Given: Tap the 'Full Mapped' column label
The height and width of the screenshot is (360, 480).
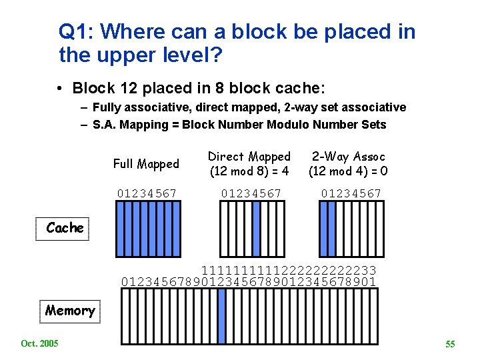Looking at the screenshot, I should [x=146, y=164].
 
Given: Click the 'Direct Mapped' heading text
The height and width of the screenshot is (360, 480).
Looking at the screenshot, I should [x=249, y=157].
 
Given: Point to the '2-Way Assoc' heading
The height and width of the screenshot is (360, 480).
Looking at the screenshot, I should [x=349, y=157].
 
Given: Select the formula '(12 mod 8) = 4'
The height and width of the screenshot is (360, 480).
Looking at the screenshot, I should [x=249, y=171].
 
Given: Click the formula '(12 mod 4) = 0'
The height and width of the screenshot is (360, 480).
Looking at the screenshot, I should [x=349, y=171].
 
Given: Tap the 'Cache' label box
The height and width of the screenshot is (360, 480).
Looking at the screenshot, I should [x=65, y=228].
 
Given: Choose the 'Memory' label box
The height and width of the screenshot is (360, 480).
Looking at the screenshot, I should [x=70, y=311].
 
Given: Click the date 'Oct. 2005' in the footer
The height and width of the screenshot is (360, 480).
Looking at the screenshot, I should [x=39, y=343].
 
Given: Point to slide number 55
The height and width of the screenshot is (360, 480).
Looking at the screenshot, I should [x=450, y=344].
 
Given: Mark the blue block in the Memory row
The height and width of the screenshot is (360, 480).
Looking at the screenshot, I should [x=222, y=316].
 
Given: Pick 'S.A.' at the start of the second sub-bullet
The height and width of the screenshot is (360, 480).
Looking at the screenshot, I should [x=105, y=125].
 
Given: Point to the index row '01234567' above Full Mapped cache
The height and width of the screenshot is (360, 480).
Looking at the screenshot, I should [x=147, y=194].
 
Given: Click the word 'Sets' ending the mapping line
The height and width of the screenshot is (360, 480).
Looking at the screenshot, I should [x=373, y=125].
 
